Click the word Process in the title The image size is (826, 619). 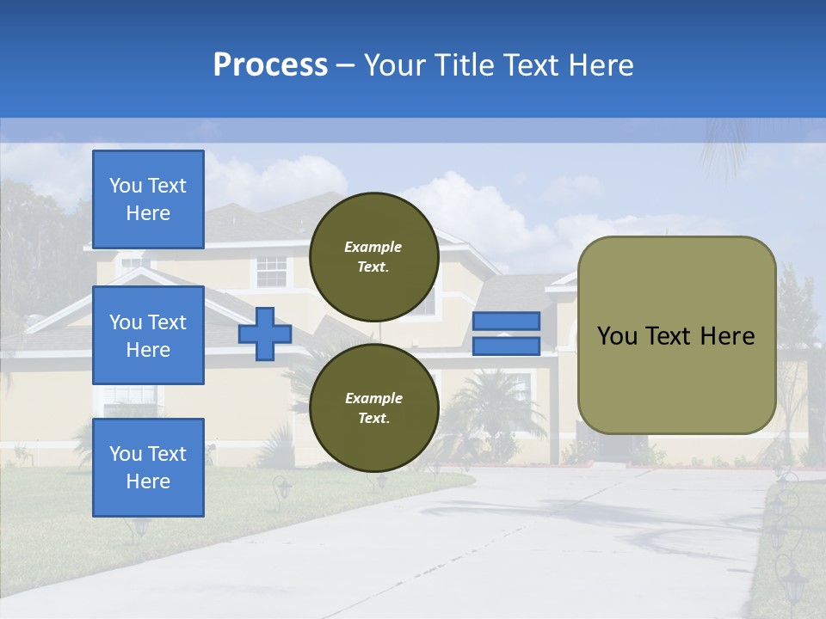point(270,65)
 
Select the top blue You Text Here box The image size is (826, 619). point(148,199)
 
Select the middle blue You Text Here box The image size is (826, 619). point(148,335)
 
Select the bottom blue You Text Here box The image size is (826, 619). point(148,468)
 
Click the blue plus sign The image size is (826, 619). point(265,334)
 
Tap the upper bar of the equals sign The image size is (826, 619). point(506,321)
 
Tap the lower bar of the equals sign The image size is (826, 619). point(506,346)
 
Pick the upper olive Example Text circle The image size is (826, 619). point(373,257)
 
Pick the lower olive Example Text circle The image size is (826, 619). point(373,408)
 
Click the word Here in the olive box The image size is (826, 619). point(728,336)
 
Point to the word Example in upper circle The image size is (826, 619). point(373,247)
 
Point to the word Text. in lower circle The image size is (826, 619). point(373,419)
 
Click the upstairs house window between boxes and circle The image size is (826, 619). point(272,271)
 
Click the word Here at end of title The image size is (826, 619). point(601,65)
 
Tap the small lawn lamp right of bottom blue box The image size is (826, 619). point(282,489)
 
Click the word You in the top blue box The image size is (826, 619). point(126,186)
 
